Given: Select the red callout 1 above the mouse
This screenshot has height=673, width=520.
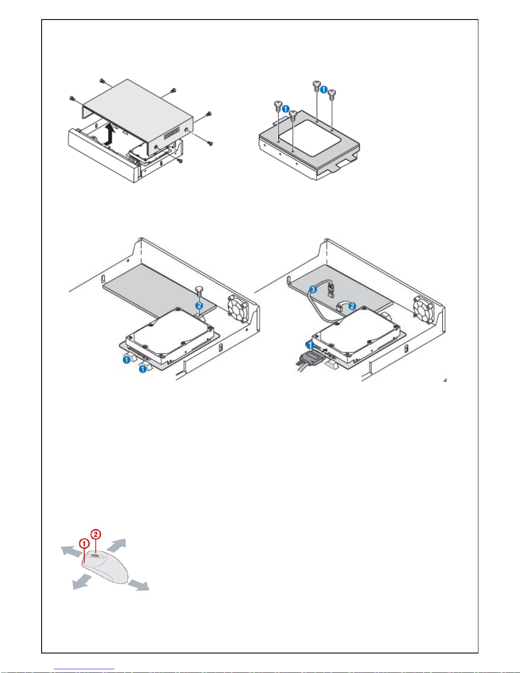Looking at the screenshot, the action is pyautogui.click(x=84, y=543).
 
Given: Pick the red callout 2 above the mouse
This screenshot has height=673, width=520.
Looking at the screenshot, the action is pyautogui.click(x=96, y=534).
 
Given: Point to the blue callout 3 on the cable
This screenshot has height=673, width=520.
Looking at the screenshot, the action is pyautogui.click(x=313, y=290).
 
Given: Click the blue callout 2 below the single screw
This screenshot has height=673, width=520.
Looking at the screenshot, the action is pyautogui.click(x=199, y=305).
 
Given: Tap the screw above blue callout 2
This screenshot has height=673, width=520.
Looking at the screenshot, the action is pyautogui.click(x=199, y=291).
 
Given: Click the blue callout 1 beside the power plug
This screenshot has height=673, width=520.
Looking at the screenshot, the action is pyautogui.click(x=311, y=345).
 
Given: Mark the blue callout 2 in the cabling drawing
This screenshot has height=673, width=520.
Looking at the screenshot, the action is pyautogui.click(x=352, y=306).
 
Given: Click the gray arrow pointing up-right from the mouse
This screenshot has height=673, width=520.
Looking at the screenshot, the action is pyautogui.click(x=118, y=544).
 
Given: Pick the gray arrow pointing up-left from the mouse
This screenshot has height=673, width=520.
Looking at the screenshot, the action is pyautogui.click(x=70, y=551).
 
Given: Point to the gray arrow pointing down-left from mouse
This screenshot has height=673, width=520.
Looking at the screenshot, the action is pyautogui.click(x=82, y=582).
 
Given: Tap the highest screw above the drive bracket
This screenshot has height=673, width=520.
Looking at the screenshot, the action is pyautogui.click(x=317, y=85).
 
